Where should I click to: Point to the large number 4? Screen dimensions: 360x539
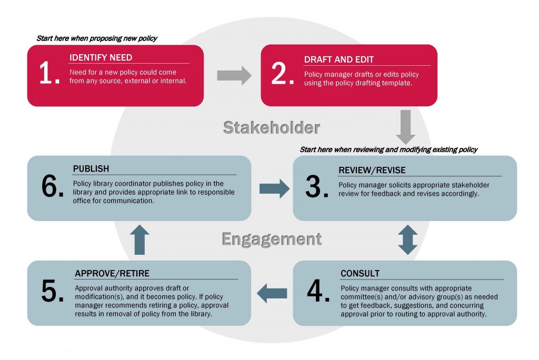tap(318, 292)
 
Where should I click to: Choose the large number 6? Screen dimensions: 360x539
tap(52, 188)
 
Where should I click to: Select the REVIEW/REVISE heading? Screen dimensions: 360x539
tap(372, 171)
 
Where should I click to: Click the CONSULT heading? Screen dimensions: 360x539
tap(360, 274)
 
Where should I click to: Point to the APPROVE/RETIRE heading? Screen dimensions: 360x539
tap(112, 274)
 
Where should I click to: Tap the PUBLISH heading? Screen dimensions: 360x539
tap(91, 169)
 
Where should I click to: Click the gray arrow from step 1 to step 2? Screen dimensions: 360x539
tap(234, 75)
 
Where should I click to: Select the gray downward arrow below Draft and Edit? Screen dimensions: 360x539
tap(405, 127)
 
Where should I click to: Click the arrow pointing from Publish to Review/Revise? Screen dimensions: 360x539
tap(274, 188)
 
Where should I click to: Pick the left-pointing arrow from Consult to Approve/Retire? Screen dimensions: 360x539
tap(272, 293)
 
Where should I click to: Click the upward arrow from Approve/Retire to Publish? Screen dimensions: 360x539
tap(139, 240)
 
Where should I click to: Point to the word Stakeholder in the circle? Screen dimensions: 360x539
tap(271, 127)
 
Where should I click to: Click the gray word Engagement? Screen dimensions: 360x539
tap(271, 239)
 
